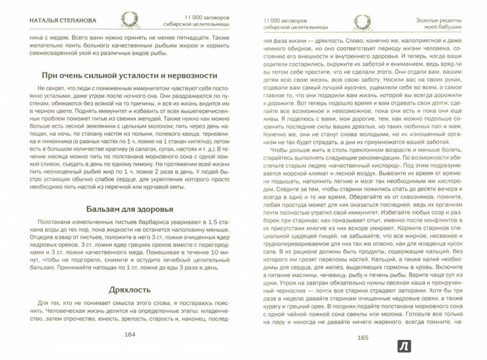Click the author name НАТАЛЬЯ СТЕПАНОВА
[x=56, y=18]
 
